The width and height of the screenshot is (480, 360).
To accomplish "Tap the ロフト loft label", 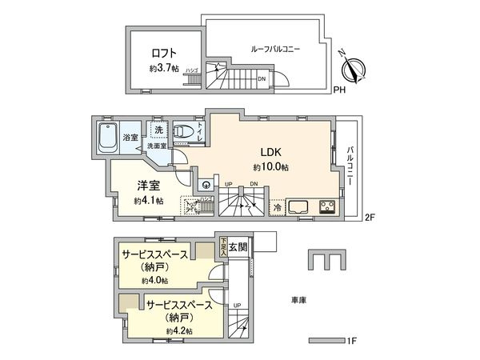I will point(162,54).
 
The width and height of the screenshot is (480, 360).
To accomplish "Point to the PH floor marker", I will point(340,90).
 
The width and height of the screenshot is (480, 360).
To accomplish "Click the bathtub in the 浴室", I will point(106,138).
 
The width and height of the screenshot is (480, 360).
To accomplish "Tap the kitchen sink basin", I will point(301,206).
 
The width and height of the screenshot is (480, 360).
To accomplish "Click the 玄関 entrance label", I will point(239,246).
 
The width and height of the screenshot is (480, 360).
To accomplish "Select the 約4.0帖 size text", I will point(155,281).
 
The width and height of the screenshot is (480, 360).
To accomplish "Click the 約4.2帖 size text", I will point(178,330).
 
